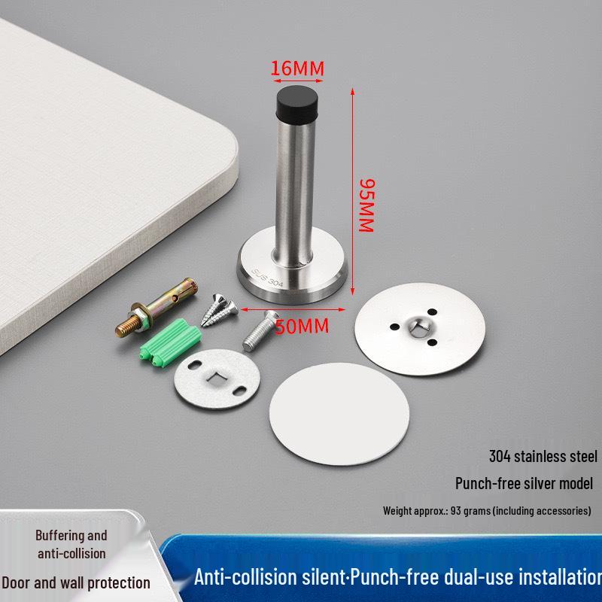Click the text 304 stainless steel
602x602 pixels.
click(x=543, y=456)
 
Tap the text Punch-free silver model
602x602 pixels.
click(x=524, y=483)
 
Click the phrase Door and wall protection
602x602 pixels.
click(x=75, y=582)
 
